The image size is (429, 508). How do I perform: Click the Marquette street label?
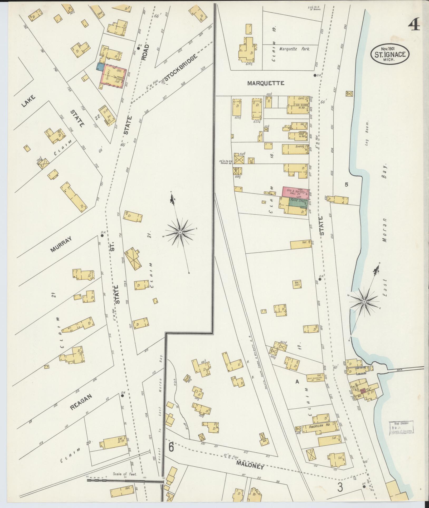(266, 83)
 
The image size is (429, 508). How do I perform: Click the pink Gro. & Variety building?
(295, 193)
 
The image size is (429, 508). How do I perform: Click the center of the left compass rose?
(180, 232)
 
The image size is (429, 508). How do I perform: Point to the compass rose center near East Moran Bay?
(364, 302)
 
